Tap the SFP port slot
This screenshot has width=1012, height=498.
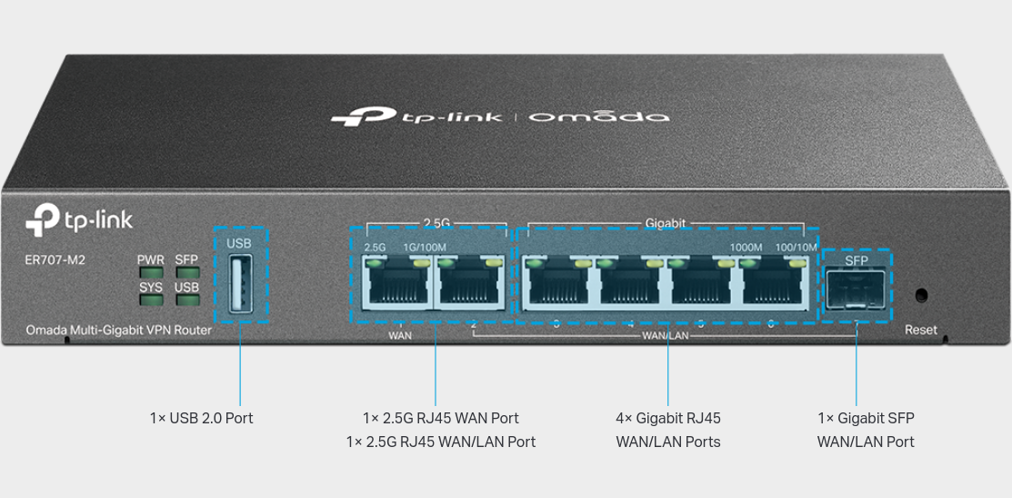point(856,290)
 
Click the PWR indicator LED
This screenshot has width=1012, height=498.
point(150,272)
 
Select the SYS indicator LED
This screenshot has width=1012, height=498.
point(150,300)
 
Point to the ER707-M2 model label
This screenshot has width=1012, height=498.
point(55,260)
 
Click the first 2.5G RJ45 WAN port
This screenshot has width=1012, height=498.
point(396,285)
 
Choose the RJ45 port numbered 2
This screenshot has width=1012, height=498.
point(468,285)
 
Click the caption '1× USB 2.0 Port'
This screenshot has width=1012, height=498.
point(201,418)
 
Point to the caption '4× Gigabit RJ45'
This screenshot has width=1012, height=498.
point(667,418)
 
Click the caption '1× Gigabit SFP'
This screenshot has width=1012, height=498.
point(866,418)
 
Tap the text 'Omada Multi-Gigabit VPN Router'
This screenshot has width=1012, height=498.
point(118,330)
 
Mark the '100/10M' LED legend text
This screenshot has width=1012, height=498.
point(796,248)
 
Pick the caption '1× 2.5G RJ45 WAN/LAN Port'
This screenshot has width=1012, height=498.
point(440,442)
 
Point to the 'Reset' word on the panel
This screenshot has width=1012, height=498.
point(920,330)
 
